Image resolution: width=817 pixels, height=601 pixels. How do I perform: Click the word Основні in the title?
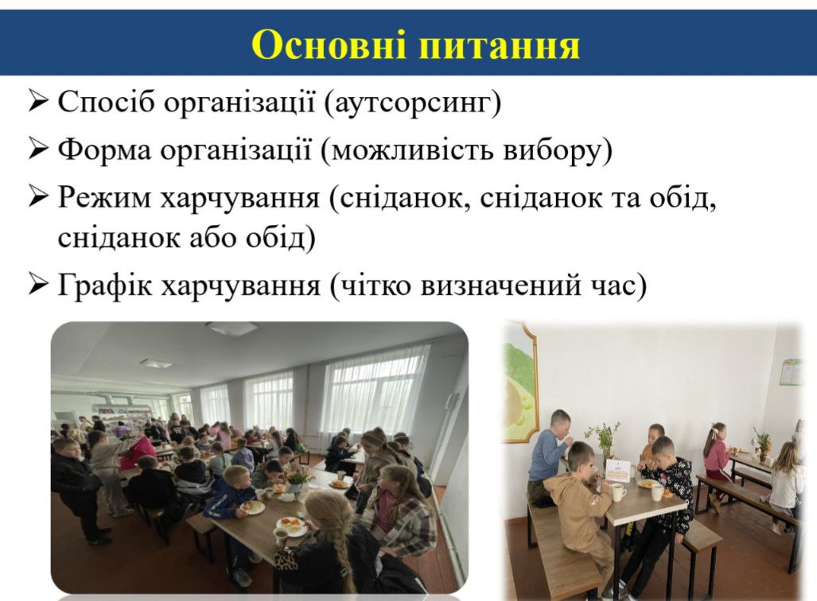(x=328, y=45)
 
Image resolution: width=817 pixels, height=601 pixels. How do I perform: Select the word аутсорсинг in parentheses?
(x=412, y=102)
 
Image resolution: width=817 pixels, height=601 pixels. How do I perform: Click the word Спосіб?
(x=107, y=102)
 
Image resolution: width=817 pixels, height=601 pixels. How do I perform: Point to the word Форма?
(x=104, y=150)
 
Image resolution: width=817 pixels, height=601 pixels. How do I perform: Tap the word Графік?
(x=105, y=285)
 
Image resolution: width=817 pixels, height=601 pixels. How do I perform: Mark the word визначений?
(x=498, y=285)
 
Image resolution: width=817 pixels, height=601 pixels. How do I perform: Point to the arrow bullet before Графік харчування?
(x=38, y=285)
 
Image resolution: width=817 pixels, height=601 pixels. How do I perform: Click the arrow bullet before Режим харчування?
(x=38, y=198)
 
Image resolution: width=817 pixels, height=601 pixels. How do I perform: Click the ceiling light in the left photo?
(x=156, y=363)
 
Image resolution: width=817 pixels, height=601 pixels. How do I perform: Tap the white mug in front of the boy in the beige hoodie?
(x=618, y=492)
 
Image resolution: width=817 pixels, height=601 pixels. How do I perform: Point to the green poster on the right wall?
(x=791, y=372)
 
